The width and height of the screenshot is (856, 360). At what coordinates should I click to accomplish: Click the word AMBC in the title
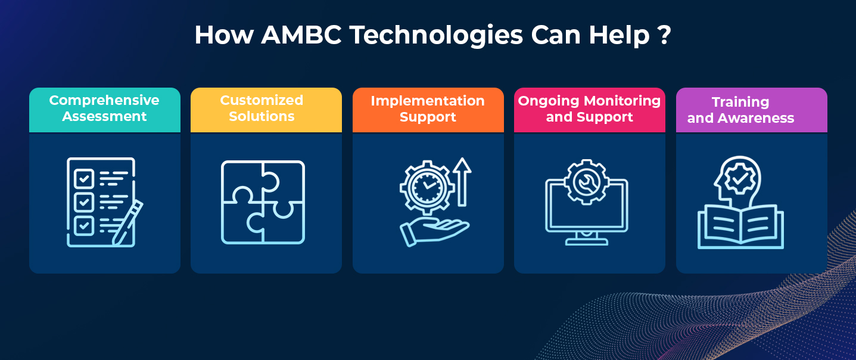click(x=301, y=35)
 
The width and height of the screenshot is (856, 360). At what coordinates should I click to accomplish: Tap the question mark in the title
click(x=665, y=35)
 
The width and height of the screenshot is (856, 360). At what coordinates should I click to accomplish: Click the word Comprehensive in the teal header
click(x=104, y=101)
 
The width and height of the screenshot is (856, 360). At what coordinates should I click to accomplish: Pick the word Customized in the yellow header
click(x=262, y=100)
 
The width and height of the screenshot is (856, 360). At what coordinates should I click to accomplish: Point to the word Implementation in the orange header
click(x=428, y=101)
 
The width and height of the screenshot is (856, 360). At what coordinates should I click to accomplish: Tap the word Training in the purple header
click(x=740, y=103)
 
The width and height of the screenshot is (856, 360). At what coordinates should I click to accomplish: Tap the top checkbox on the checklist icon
click(x=84, y=178)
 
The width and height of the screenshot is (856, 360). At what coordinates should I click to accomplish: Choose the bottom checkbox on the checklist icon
click(x=84, y=225)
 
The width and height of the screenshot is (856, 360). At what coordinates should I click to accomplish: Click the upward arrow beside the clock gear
click(x=462, y=182)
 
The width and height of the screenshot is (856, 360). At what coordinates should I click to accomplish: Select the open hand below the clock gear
click(x=434, y=232)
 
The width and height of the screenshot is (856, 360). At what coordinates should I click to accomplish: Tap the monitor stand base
click(x=587, y=241)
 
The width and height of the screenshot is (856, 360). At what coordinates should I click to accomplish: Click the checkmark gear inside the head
click(x=740, y=178)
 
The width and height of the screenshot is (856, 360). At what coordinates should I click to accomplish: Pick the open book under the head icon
click(x=740, y=227)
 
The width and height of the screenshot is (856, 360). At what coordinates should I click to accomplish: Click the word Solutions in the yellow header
click(x=262, y=117)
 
